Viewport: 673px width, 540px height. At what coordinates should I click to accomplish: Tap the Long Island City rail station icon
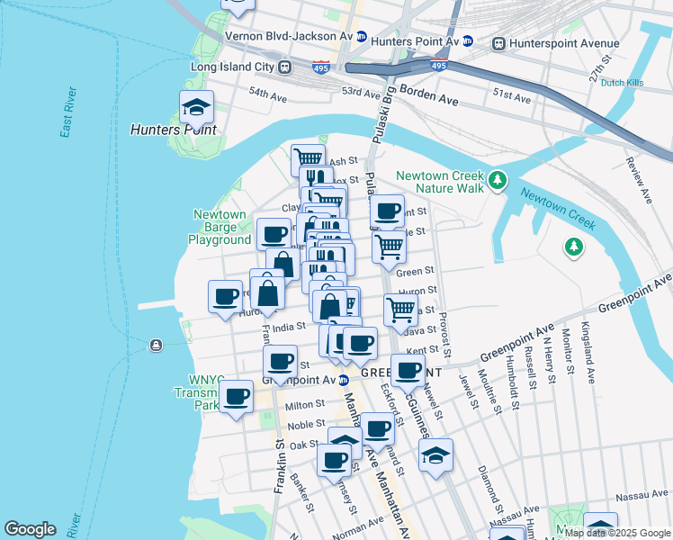[285, 67]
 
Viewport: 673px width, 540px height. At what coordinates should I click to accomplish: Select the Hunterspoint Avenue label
[563, 43]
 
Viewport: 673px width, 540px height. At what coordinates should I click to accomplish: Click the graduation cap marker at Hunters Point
[194, 108]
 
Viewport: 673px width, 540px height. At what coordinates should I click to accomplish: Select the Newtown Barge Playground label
[220, 228]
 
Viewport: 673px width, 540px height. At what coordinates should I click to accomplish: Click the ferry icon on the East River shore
[157, 345]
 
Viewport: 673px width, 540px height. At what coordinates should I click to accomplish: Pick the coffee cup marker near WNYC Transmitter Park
[237, 396]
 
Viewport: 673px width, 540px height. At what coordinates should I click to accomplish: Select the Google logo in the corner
[31, 529]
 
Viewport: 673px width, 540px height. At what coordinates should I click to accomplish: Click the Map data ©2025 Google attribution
[615, 533]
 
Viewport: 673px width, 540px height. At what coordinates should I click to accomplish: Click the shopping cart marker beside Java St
[400, 310]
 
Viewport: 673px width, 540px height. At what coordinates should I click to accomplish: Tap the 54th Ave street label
[272, 93]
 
